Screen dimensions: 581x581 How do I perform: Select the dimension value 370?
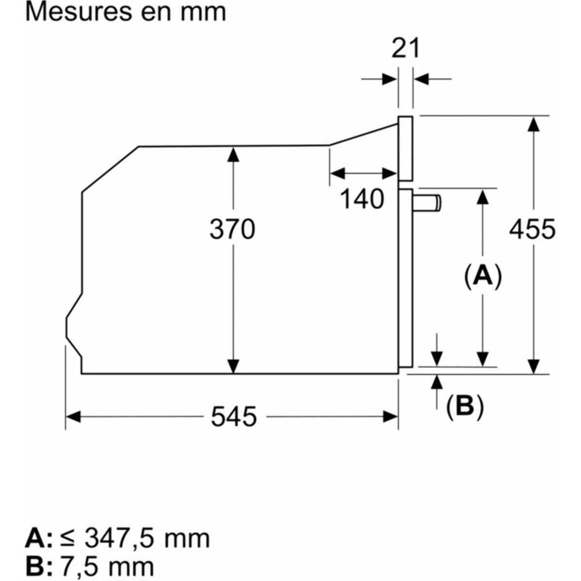(x=232, y=229)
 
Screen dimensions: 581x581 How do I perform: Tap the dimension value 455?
(x=533, y=229)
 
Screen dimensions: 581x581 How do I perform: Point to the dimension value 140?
(x=362, y=199)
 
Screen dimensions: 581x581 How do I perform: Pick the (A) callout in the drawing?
(x=482, y=276)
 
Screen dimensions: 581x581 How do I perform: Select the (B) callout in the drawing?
(x=465, y=406)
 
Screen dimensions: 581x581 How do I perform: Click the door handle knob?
(x=428, y=203)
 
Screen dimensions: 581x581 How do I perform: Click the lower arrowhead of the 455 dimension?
(x=534, y=365)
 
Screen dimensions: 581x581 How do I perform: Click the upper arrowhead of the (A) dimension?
(x=482, y=198)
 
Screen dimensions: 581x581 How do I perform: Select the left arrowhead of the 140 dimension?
(x=337, y=173)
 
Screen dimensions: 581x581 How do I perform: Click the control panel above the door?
(x=405, y=148)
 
